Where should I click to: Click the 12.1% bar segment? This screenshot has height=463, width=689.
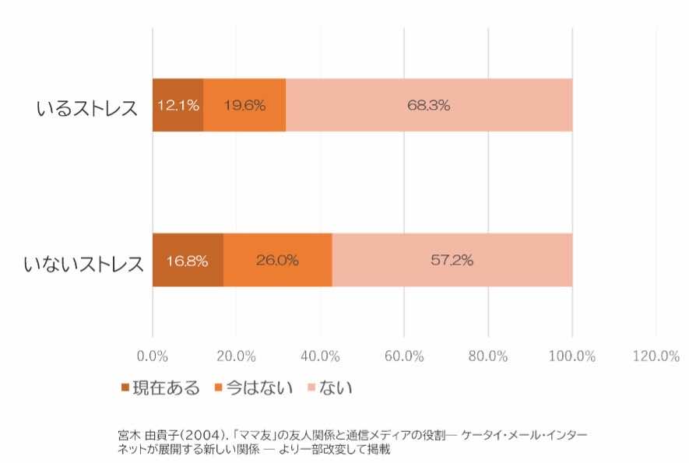[x=178, y=105]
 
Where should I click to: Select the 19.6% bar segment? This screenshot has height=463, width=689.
[x=244, y=105]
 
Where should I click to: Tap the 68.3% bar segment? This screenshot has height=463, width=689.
[x=429, y=105]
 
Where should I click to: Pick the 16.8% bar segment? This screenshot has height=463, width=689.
[x=188, y=260]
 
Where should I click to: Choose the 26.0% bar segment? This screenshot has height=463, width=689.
[x=278, y=260]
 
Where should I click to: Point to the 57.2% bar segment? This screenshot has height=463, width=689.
[x=452, y=260]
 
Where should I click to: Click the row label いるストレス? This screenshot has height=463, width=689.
[x=86, y=107]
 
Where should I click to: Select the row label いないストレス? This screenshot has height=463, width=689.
[x=83, y=262]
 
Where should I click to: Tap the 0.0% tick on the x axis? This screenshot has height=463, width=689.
[x=153, y=356]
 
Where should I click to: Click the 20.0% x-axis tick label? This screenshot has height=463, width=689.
[x=237, y=356]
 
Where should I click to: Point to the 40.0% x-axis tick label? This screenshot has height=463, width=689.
[x=320, y=356]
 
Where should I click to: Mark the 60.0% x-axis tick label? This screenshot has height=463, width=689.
[x=404, y=356]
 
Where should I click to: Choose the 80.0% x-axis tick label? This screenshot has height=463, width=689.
[x=488, y=356]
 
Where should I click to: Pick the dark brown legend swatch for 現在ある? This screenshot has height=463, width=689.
[x=125, y=387]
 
